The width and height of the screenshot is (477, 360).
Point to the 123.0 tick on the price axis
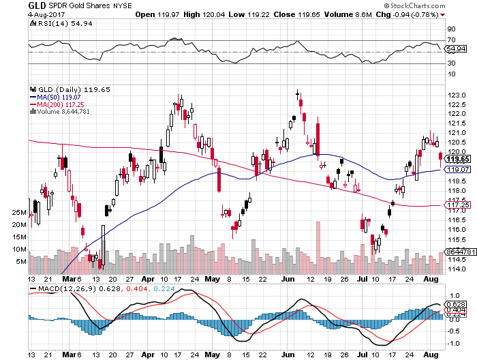tap(455, 95)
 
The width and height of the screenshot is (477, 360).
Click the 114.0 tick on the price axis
tap(455, 269)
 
